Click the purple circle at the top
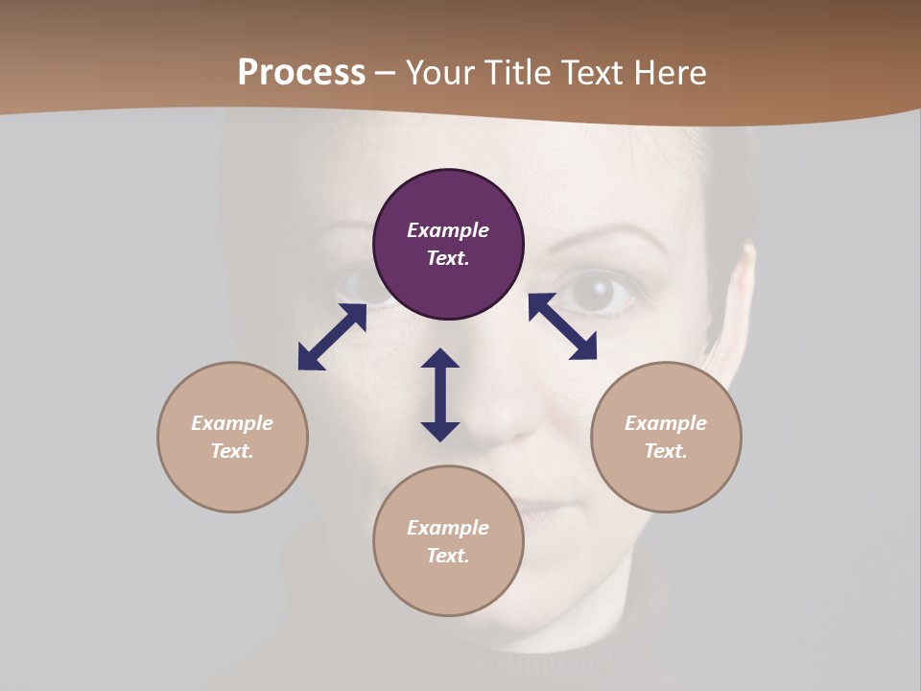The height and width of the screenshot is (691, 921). [x=448, y=245]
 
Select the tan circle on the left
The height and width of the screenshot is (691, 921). [x=232, y=437]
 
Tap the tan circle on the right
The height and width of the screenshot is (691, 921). [x=666, y=437]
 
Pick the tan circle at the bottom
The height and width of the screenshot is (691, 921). [x=448, y=541]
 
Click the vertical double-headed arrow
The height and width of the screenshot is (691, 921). [x=440, y=394]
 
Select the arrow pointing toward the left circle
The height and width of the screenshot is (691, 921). [x=332, y=337]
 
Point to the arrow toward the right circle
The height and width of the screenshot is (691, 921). [x=562, y=326]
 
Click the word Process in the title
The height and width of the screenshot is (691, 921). [x=301, y=72]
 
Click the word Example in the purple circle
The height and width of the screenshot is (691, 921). [x=448, y=230]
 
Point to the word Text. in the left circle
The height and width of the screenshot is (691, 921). [x=232, y=451]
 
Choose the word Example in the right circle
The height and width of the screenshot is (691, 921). [x=666, y=423]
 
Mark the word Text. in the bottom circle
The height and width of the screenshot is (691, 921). [x=448, y=556]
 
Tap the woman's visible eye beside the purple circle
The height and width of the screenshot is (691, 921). [x=598, y=291]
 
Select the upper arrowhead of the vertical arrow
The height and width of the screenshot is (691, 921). [x=440, y=360]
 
